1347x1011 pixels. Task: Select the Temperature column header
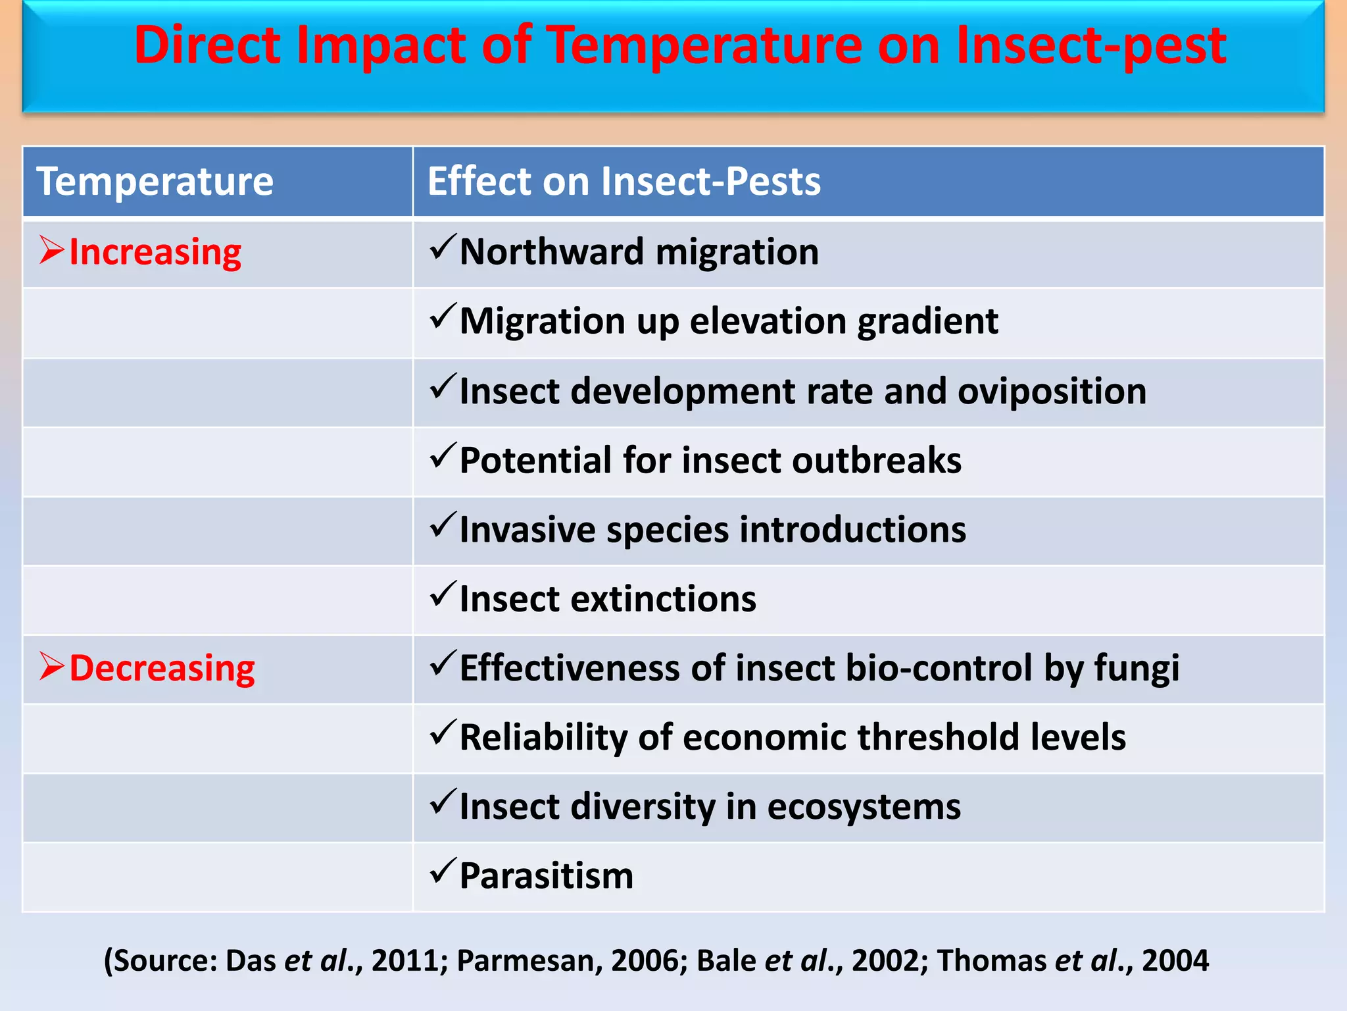pos(155,182)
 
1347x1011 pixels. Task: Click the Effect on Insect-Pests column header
pos(624,182)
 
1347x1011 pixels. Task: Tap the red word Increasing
pos(155,252)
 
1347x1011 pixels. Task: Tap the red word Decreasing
pos(162,668)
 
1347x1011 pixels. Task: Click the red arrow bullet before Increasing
pos(51,250)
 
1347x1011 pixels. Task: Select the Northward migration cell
pos(639,252)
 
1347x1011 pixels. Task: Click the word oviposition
pos(1052,391)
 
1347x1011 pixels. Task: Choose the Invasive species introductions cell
pos(712,530)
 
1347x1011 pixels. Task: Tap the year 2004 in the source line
pos(1175,961)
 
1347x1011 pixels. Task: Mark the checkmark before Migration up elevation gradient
pos(443,317)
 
